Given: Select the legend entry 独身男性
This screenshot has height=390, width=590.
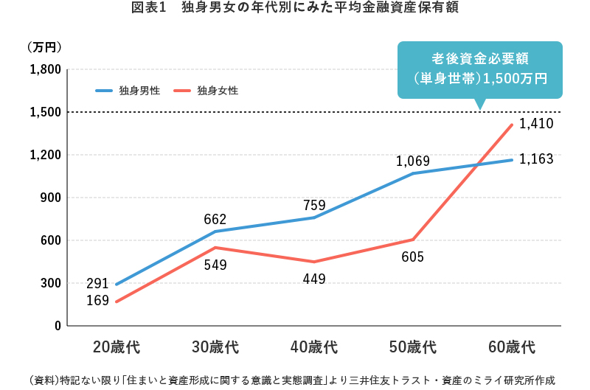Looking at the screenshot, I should (139, 91).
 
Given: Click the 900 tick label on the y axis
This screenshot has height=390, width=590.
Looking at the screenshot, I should (50, 198).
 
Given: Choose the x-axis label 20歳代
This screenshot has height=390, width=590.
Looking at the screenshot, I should (116, 347).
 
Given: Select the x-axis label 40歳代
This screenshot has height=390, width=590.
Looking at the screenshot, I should (313, 347).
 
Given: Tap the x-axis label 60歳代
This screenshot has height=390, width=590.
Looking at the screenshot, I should (511, 347).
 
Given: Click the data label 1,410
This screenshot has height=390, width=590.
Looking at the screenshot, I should (536, 124).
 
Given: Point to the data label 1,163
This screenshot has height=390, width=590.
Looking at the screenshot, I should (536, 159).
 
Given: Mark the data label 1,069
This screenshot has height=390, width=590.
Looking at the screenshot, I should (413, 161).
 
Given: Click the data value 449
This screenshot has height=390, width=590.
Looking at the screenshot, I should (313, 279).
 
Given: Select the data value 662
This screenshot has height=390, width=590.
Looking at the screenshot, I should (215, 219).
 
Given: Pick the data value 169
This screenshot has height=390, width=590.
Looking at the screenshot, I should (97, 300).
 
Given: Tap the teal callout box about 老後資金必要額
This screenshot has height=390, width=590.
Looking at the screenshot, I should (479, 68).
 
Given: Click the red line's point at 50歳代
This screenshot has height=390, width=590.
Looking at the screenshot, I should (413, 240).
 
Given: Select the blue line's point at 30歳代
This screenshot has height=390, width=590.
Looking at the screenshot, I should (215, 231).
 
